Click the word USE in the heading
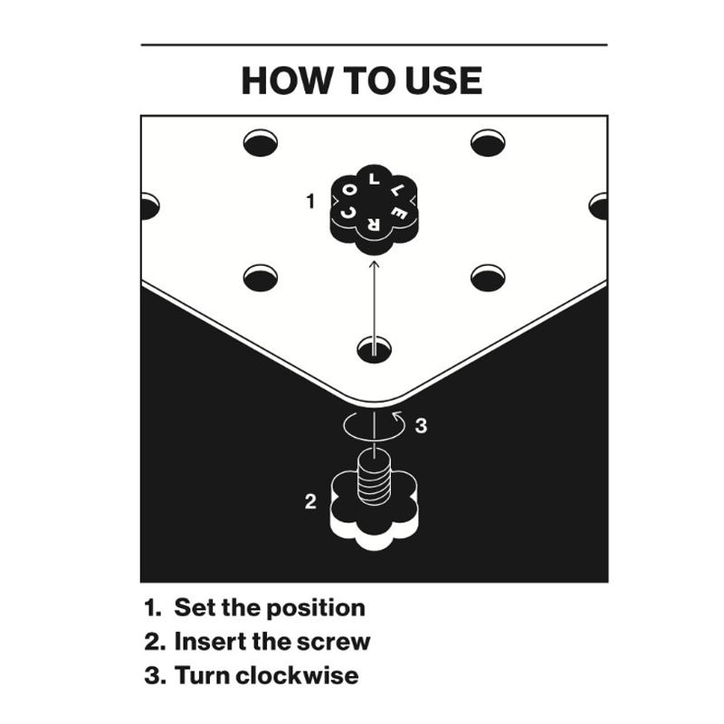tap(443, 81)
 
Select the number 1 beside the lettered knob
tap(310, 201)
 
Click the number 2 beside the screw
tap(310, 501)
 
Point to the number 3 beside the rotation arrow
tap(421, 425)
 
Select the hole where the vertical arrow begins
tap(375, 349)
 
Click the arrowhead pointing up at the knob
tap(375, 263)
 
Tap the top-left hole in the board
tap(261, 143)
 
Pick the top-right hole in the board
tap(488, 143)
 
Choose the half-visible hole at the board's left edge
tap(150, 206)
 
